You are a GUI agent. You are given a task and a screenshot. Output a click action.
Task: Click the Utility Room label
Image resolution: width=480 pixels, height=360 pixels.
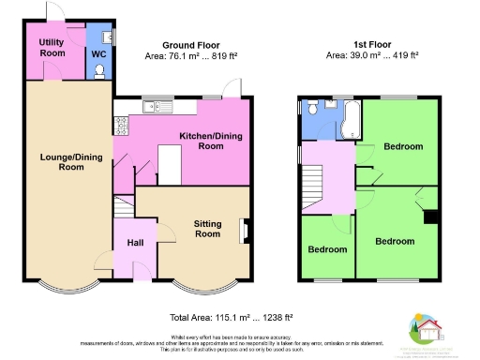pyautogui.click(x=52, y=48)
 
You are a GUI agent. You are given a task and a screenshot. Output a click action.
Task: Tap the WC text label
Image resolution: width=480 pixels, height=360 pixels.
pyautogui.click(x=98, y=53)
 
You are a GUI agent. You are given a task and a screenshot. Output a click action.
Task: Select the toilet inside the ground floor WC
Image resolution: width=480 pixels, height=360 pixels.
pyautogui.click(x=106, y=37)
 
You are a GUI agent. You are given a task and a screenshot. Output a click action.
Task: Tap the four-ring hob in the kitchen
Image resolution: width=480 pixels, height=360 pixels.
pyautogui.click(x=120, y=122)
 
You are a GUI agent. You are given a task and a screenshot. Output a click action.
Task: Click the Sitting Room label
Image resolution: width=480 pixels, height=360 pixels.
pyautogui.click(x=208, y=230)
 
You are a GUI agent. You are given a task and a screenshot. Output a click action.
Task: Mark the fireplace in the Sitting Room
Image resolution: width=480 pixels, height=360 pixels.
pyautogui.click(x=244, y=230)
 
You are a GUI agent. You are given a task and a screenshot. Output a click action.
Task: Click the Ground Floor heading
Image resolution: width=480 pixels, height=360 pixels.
pyautogui.click(x=190, y=45)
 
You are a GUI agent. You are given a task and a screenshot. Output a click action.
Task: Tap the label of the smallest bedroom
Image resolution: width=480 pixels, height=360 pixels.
pyautogui.click(x=328, y=249)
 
